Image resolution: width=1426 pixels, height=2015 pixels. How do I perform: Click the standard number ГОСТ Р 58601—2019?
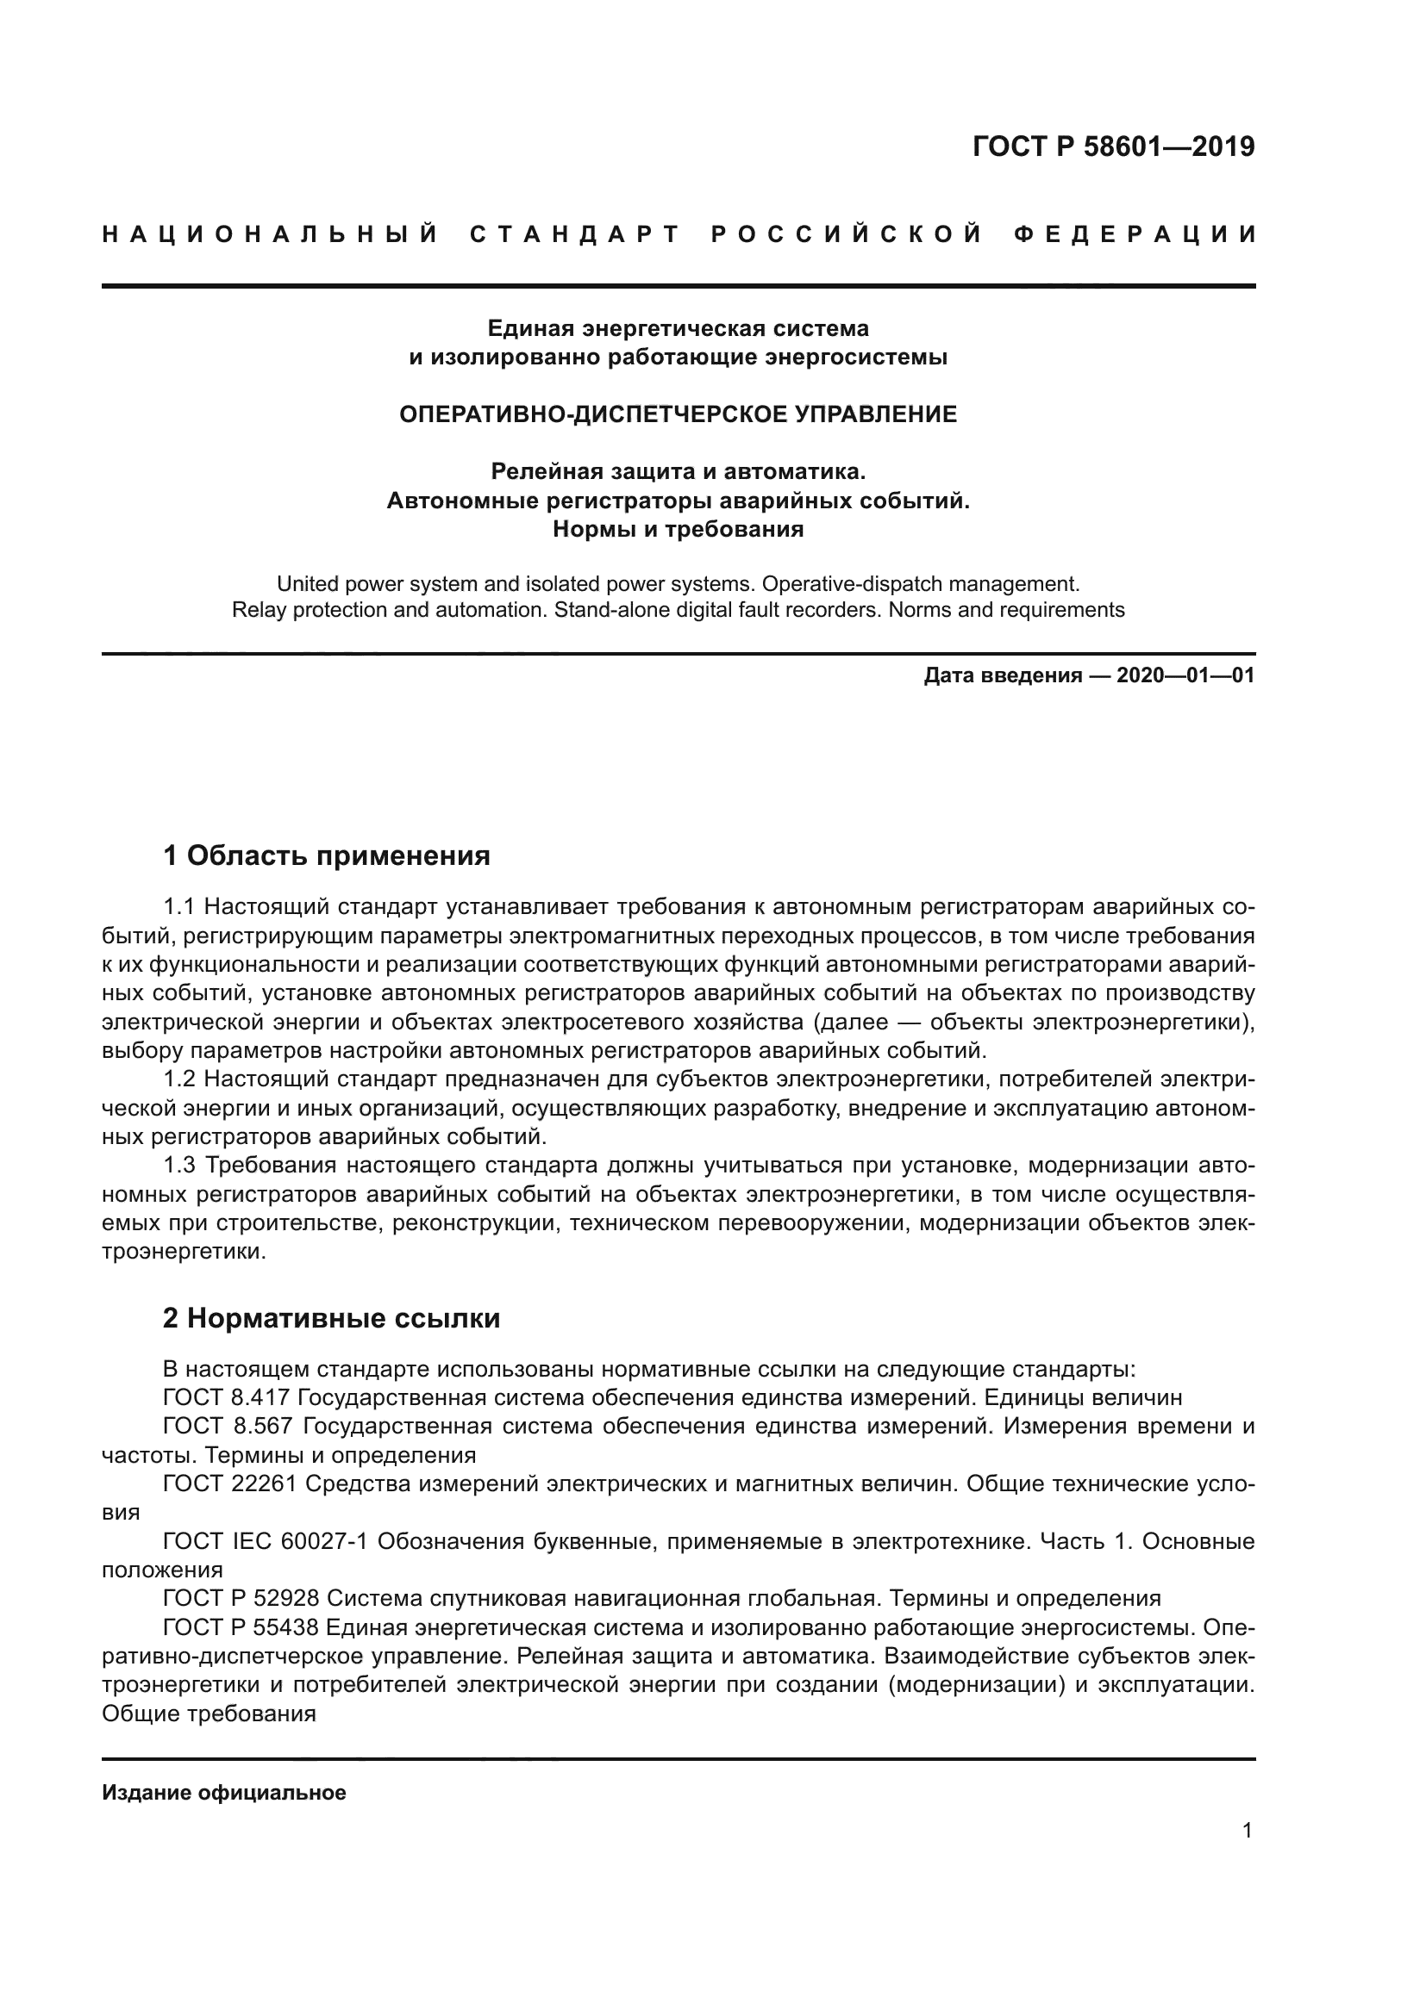pyautogui.click(x=1113, y=146)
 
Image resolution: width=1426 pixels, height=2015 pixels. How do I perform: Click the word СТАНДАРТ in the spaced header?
pyautogui.click(x=575, y=234)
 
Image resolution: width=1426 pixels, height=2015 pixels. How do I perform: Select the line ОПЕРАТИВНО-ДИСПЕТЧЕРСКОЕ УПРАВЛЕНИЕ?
pyautogui.click(x=678, y=414)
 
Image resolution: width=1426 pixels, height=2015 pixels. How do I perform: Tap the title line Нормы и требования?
pyautogui.click(x=678, y=529)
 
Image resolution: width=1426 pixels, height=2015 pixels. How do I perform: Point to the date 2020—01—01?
pyautogui.click(x=1185, y=675)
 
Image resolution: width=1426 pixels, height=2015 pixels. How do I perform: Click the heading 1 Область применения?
pyautogui.click(x=327, y=855)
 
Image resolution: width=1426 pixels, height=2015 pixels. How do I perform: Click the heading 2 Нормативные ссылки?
pyautogui.click(x=331, y=1318)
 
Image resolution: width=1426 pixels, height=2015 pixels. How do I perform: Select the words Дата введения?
pyautogui.click(x=1002, y=675)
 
